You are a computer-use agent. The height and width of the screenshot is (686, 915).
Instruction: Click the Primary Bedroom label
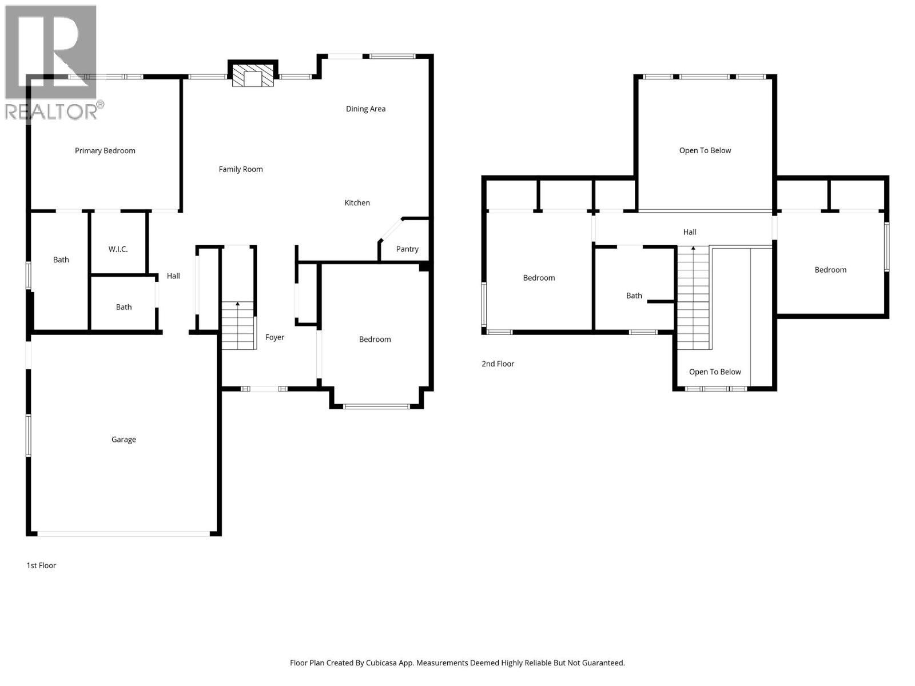pos(105,151)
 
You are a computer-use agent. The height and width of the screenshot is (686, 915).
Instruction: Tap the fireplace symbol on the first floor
pos(253,77)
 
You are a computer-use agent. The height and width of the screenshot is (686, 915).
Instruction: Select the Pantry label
pos(407,249)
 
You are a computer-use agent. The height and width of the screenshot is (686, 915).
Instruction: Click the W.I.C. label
pos(118,249)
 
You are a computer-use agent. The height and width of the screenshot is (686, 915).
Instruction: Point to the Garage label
pos(124,440)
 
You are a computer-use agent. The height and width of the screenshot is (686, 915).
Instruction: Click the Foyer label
pos(274,337)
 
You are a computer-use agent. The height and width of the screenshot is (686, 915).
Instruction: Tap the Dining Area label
pos(365,109)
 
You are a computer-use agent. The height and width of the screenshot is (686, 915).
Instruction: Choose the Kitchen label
pos(357,203)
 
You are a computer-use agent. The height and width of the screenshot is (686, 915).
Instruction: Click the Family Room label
pos(241,169)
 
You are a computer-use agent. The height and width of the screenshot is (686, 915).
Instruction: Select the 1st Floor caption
pos(41,565)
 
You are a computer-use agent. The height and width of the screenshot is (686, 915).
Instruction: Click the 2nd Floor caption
pos(498,364)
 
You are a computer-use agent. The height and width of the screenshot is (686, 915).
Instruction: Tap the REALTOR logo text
pos(51,111)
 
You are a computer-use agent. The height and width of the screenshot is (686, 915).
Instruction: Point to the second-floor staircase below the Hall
pos(693,297)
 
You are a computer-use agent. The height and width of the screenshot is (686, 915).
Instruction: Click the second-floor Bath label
pos(634,296)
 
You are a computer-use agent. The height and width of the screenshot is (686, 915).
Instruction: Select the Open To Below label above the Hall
pos(705,150)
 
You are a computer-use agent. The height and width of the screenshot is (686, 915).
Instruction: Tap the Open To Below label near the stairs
pos(715,372)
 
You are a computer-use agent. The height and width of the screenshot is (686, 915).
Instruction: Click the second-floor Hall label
pos(690,232)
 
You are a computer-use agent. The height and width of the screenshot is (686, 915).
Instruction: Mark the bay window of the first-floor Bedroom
pos(376,406)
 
